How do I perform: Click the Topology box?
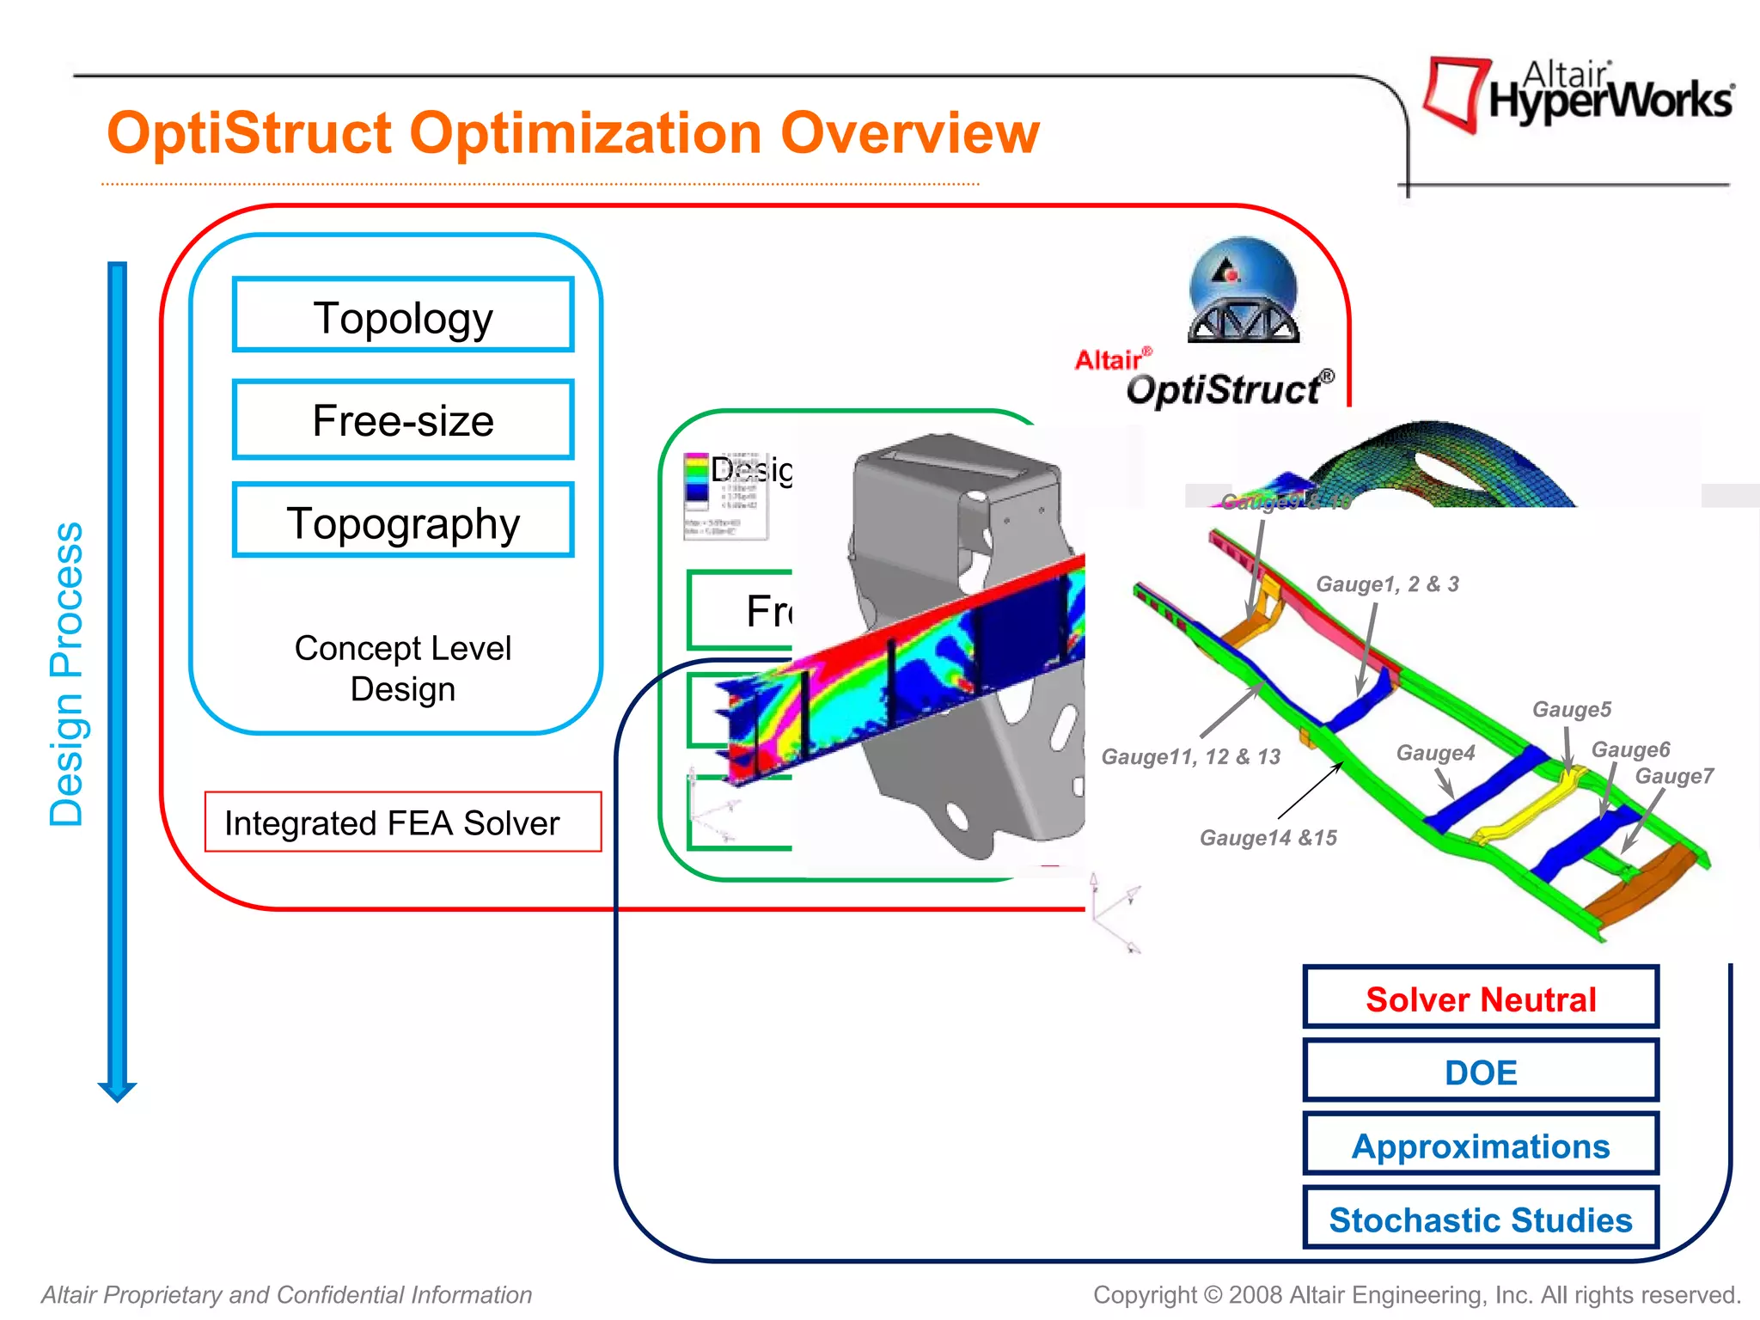pyautogui.click(x=403, y=315)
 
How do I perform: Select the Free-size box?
pyautogui.click(x=403, y=419)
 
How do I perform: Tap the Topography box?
pyautogui.click(x=403, y=521)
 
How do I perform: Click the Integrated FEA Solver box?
pyautogui.click(x=402, y=822)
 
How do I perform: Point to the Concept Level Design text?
pyautogui.click(x=402, y=669)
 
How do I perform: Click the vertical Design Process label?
pyautogui.click(x=66, y=675)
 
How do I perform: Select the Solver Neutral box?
pyautogui.click(x=1480, y=998)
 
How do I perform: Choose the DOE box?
pyautogui.click(x=1480, y=1072)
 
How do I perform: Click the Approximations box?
pyautogui.click(x=1480, y=1145)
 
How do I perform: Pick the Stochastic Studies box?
pyautogui.click(x=1480, y=1219)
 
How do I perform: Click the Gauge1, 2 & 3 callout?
pyautogui.click(x=1387, y=584)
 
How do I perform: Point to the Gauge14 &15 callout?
pyautogui.click(x=1268, y=837)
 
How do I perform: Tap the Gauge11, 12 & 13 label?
pyautogui.click(x=1191, y=756)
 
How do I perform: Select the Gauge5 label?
pyautogui.click(x=1572, y=709)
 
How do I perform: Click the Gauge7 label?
pyautogui.click(x=1673, y=776)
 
